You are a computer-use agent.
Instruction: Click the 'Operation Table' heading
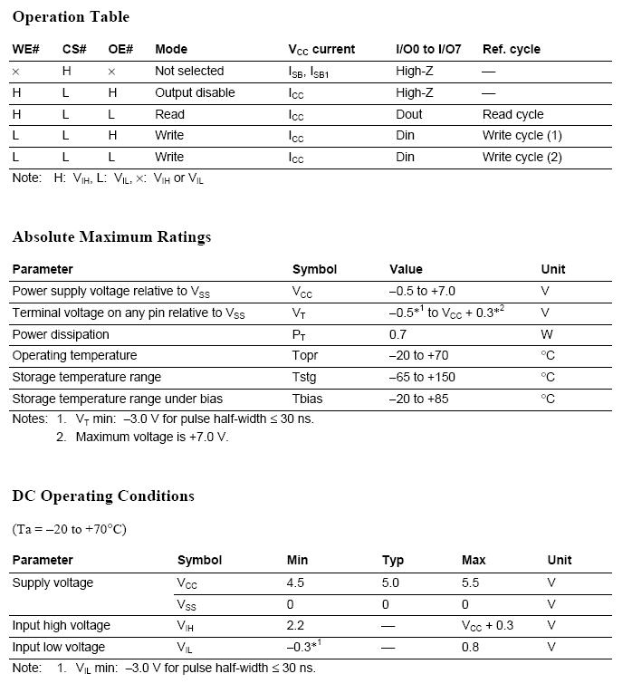click(71, 16)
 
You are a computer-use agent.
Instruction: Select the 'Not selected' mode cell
click(189, 71)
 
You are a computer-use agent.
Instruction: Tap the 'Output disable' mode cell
click(195, 92)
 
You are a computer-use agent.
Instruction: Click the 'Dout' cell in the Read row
click(409, 114)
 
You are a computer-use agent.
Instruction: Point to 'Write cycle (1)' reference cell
click(522, 135)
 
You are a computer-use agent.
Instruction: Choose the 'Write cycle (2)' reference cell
click(522, 157)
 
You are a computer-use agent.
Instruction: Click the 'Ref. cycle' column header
click(511, 49)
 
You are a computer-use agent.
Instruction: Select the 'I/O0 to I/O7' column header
click(428, 49)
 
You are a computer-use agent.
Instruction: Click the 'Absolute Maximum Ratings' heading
click(111, 236)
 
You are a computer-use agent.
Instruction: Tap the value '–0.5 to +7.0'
click(422, 291)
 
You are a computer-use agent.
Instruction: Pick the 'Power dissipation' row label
click(61, 334)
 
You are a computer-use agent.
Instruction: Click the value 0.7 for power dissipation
click(397, 334)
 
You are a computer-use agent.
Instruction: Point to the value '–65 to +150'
click(422, 377)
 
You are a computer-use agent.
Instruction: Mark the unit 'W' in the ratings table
click(546, 334)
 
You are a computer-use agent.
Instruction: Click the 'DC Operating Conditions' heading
click(103, 496)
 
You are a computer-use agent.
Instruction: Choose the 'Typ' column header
click(393, 560)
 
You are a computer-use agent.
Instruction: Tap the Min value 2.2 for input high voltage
click(295, 625)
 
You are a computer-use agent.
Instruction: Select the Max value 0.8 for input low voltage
click(472, 647)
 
